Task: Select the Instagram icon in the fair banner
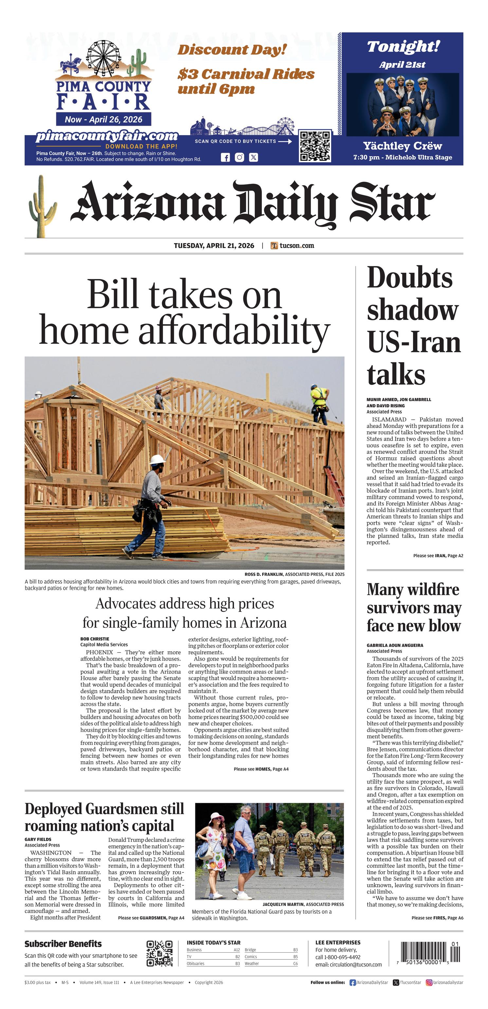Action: point(240,157)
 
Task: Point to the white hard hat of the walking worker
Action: point(157,459)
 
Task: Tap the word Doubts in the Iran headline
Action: point(409,278)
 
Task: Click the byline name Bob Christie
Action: point(95,639)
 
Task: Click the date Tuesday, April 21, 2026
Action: point(214,246)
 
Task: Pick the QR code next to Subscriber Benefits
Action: point(159,953)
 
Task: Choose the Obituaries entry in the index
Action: point(196,964)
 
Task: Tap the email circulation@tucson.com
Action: point(349,965)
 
